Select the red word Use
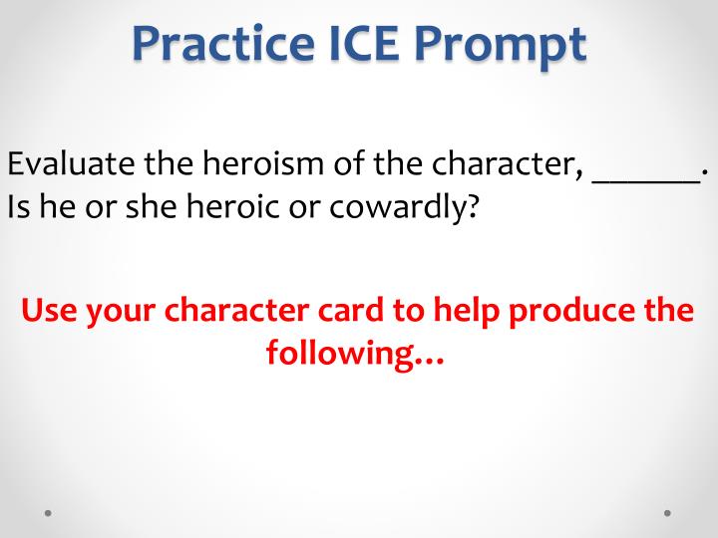pos(50,310)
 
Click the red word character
pos(227,310)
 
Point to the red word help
pos(468,310)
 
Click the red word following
pos(355,353)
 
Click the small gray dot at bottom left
pos(49,513)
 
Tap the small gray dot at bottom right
pos(667,513)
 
